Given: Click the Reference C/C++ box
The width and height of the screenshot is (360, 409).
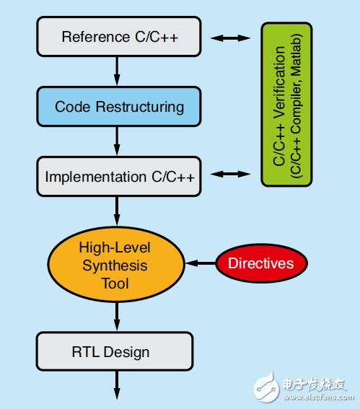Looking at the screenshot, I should click(x=115, y=36).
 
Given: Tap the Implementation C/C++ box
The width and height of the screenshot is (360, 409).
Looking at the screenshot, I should click(x=115, y=176).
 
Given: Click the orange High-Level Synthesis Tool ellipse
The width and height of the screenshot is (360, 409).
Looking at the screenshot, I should click(x=115, y=265).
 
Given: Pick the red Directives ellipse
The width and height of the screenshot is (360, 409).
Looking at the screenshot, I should click(x=261, y=263).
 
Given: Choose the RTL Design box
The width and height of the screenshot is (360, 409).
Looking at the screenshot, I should click(x=115, y=352).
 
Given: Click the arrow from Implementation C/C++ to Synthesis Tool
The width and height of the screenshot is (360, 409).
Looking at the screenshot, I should click(x=115, y=211).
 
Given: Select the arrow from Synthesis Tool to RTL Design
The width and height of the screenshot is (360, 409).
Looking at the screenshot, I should click(x=115, y=315).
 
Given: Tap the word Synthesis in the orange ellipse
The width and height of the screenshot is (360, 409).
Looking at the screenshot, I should click(x=115, y=265).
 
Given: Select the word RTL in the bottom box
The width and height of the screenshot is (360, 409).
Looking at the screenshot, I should click(x=86, y=352).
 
